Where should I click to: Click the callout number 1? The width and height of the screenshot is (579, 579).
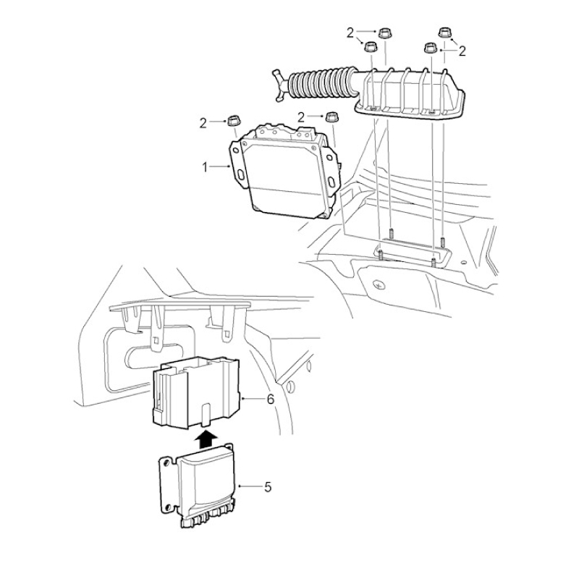(x=205, y=167)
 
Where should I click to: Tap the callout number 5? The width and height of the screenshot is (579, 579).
(x=268, y=487)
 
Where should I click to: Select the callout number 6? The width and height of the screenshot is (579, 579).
(x=271, y=400)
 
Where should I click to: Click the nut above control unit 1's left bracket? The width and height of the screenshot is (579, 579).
(x=232, y=120)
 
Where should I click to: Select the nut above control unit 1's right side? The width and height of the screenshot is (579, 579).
(x=331, y=118)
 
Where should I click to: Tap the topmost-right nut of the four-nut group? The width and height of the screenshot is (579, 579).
(x=444, y=32)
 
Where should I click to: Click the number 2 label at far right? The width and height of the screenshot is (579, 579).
(x=462, y=51)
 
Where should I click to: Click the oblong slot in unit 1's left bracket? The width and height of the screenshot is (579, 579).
(x=240, y=174)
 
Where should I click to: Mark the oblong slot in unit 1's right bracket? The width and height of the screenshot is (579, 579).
(x=332, y=182)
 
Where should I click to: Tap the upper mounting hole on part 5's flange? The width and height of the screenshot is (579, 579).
(x=166, y=462)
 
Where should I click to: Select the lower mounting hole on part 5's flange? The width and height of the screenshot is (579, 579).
(x=168, y=507)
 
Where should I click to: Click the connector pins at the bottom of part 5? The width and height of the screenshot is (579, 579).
(x=208, y=517)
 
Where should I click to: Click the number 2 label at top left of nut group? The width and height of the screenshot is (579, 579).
(x=350, y=33)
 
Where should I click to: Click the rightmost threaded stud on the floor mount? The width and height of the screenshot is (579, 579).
(x=443, y=242)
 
